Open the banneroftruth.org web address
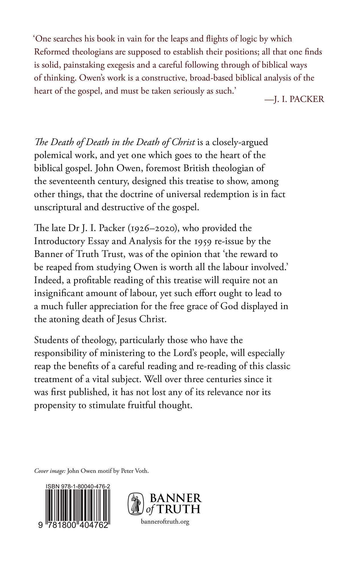pyautogui.click(x=165, y=522)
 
